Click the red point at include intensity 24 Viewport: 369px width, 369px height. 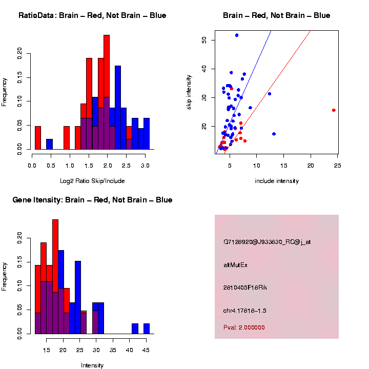[334, 110]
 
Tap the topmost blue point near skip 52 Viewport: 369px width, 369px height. [236, 35]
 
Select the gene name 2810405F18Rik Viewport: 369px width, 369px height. [245, 288]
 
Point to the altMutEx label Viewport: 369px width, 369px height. [235, 265]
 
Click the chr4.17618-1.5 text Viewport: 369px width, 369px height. [244, 311]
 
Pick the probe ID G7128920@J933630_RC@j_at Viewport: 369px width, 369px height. [267, 242]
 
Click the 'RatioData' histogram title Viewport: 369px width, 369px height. [92, 15]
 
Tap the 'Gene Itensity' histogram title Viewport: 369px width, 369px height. [92, 200]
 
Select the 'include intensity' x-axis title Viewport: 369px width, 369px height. [277, 181]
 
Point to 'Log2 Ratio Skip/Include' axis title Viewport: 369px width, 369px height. [92, 181]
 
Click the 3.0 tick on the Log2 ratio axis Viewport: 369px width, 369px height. [145, 166]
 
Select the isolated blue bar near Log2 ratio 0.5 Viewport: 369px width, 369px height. [50, 144]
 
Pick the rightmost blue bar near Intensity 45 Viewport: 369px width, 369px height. [147, 329]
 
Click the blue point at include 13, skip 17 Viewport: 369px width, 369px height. [274, 134]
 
